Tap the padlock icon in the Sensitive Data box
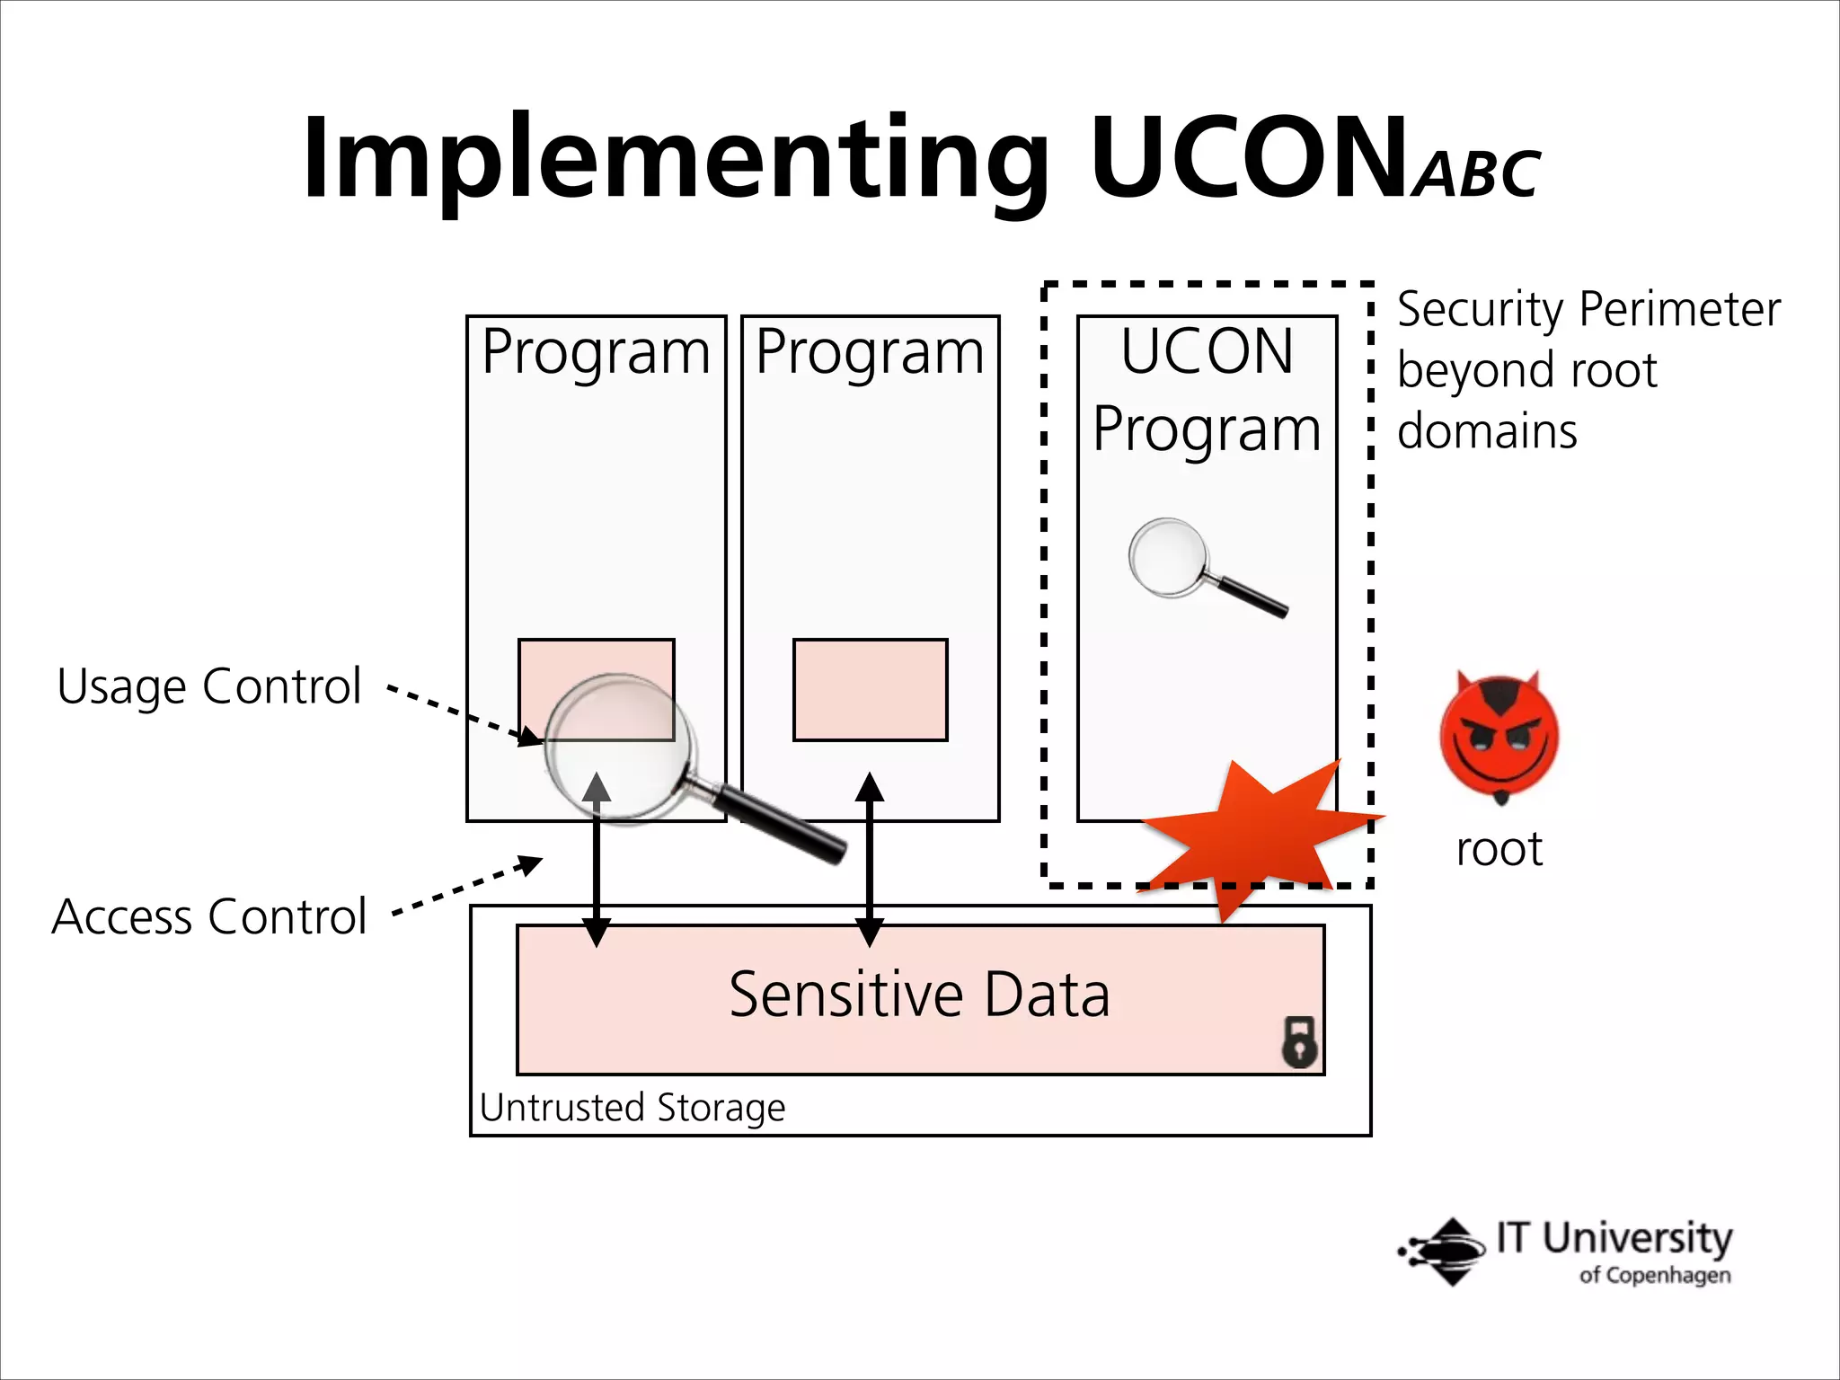[x=1299, y=1042]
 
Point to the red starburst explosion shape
[x=1258, y=831]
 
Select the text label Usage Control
[x=208, y=687]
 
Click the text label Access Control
[x=208, y=916]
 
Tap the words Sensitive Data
[x=919, y=995]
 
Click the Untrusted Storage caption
[x=632, y=1108]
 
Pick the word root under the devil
[x=1499, y=849]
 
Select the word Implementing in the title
[x=674, y=160]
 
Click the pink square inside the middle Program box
[x=870, y=690]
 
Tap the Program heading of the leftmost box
[x=596, y=352]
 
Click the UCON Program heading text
[x=1207, y=390]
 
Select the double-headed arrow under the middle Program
[x=869, y=860]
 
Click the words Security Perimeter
[x=1588, y=310]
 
